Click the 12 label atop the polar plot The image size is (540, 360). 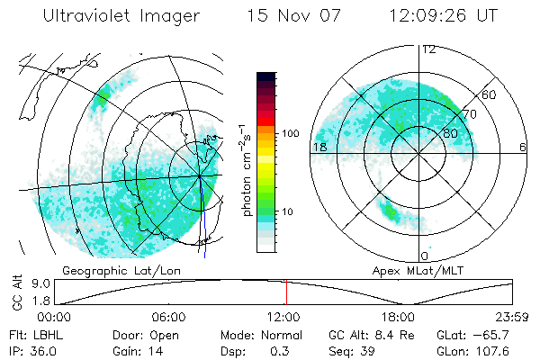pos(428,49)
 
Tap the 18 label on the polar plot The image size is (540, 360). pos(319,147)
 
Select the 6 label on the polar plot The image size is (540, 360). pos(523,147)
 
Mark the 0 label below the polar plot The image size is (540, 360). pos(425,256)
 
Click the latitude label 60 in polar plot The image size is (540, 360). pos(490,94)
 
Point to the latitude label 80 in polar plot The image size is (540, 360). pos(452,133)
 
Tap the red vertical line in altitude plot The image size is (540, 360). pos(286,292)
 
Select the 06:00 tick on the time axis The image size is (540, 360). pos(168,317)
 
